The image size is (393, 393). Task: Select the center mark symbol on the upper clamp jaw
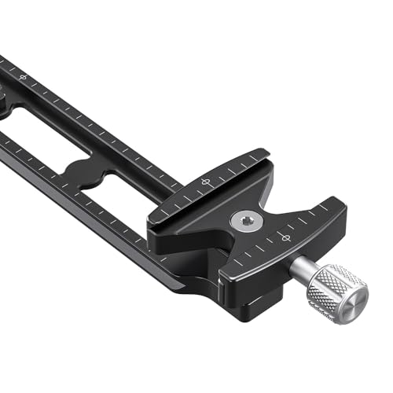tap(207, 182)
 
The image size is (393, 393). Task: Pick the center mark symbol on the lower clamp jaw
tap(280, 236)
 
